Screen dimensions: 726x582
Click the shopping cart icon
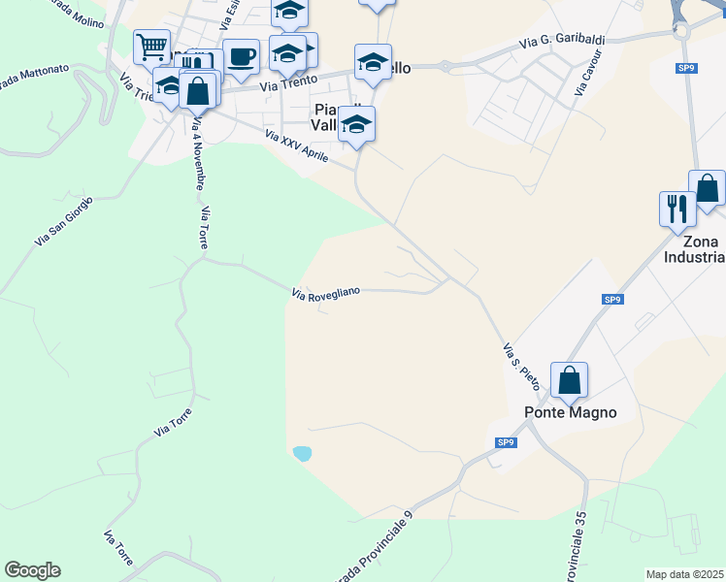pyautogui.click(x=152, y=46)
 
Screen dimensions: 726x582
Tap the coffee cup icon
pyautogui.click(x=241, y=55)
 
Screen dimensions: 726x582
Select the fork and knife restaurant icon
pyautogui.click(x=676, y=208)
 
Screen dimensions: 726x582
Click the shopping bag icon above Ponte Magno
pyautogui.click(x=569, y=379)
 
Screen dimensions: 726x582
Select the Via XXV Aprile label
pyautogui.click(x=297, y=146)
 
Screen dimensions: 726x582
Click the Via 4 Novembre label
pyautogui.click(x=198, y=154)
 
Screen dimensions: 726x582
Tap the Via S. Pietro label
pyautogui.click(x=520, y=365)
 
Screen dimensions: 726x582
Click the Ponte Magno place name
pyautogui.click(x=571, y=412)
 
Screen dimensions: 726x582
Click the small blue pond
pyautogui.click(x=303, y=453)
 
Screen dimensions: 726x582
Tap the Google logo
pyautogui.click(x=32, y=570)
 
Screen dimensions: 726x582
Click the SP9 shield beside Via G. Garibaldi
pyautogui.click(x=687, y=67)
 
